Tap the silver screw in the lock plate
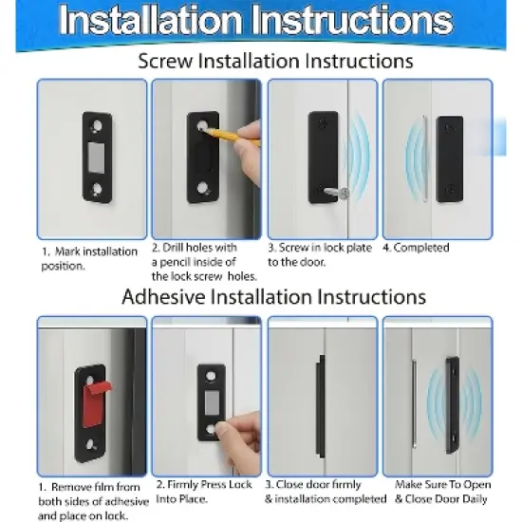pyautogui.click(x=337, y=193)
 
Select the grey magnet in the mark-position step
pyautogui.click(x=97, y=158)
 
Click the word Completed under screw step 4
pyautogui.click(x=421, y=248)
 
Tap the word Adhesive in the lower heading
pyautogui.click(x=163, y=296)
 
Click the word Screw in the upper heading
pyautogui.click(x=165, y=62)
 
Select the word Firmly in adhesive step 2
pyautogui.click(x=183, y=484)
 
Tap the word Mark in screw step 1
pyautogui.click(x=64, y=252)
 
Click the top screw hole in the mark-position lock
pyautogui.click(x=97, y=126)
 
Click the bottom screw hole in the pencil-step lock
pyautogui.click(x=202, y=188)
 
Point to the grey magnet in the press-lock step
pyautogui.click(x=212, y=403)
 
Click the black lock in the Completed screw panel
pyautogui.click(x=450, y=159)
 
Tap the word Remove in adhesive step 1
pyautogui.click(x=69, y=487)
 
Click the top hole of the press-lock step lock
pyautogui.click(x=211, y=377)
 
